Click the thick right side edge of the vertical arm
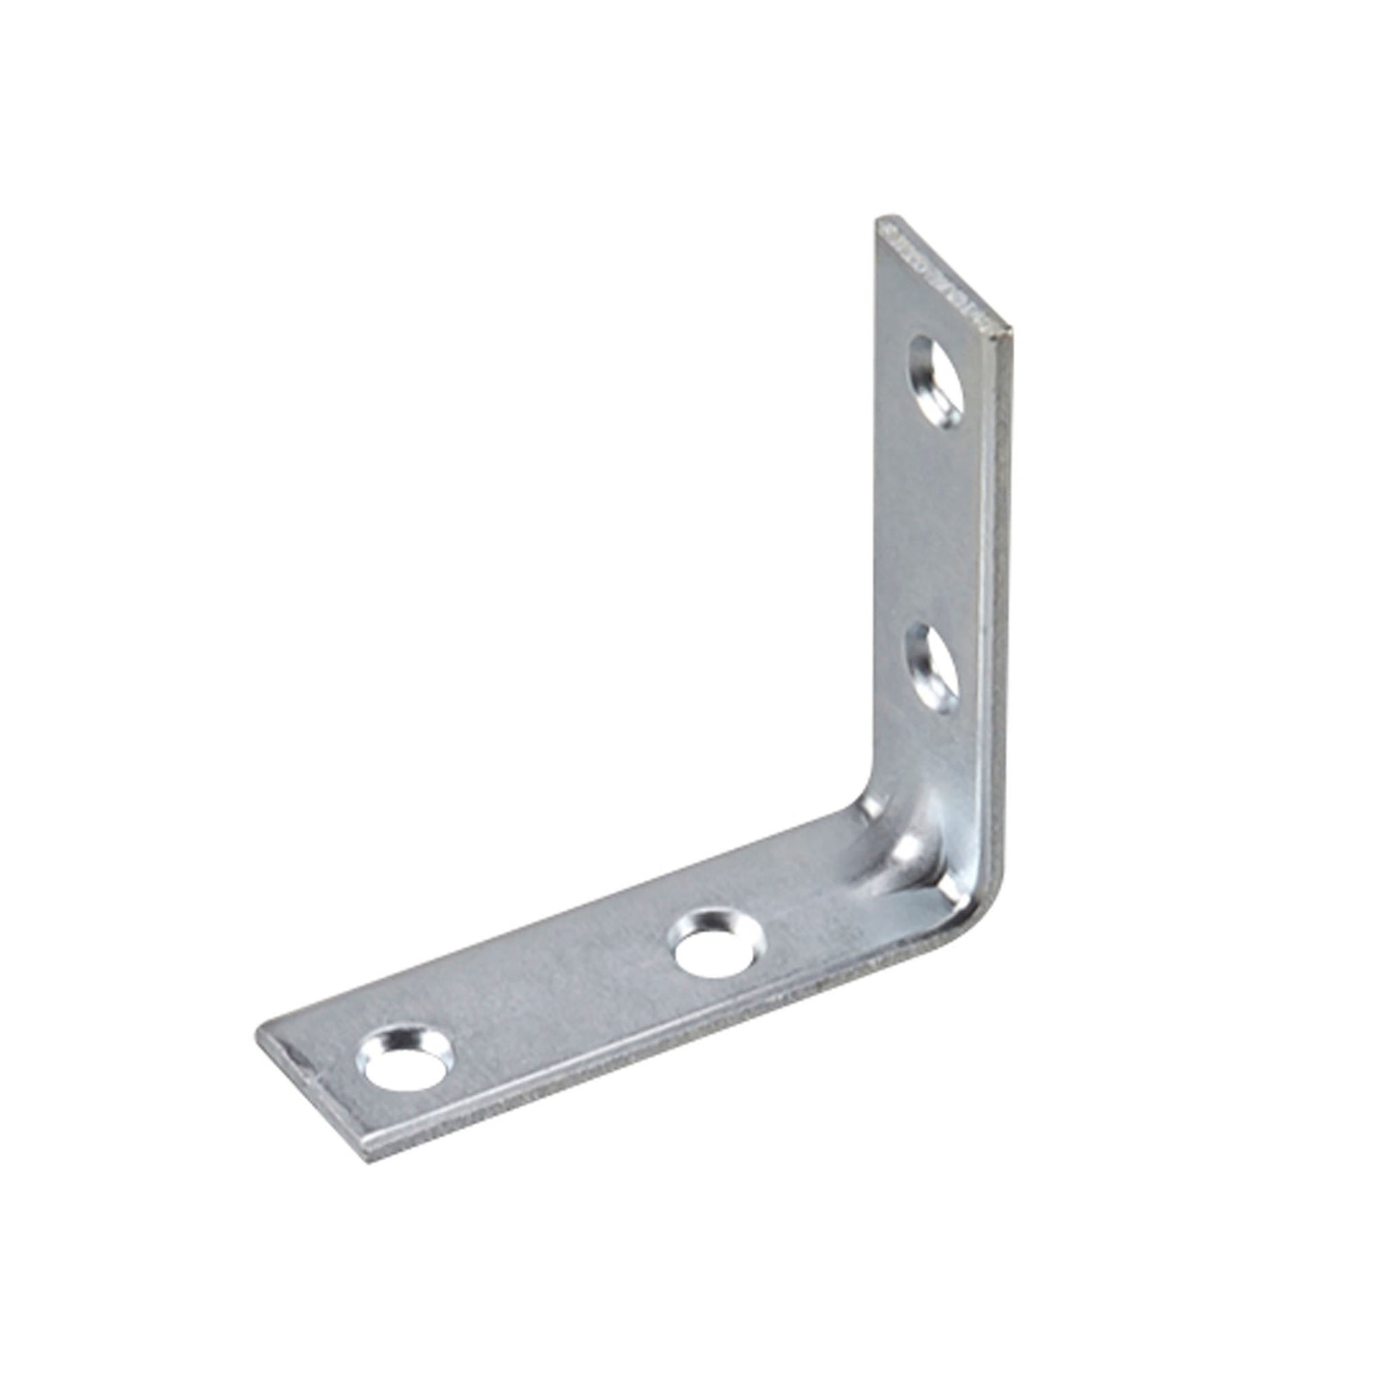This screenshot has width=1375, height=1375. click(x=1000, y=602)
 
